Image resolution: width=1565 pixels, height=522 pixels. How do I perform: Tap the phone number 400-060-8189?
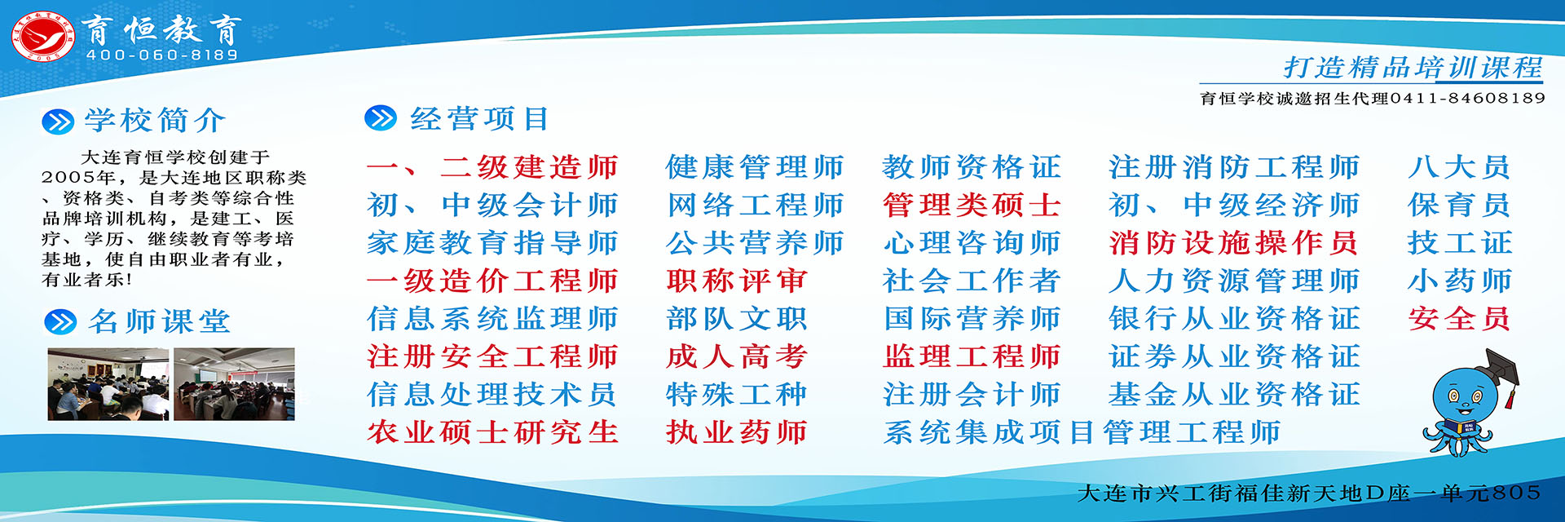tap(162, 55)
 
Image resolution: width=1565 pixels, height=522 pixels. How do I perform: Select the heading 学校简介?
tap(156, 120)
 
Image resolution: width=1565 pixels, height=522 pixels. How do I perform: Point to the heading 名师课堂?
tap(159, 321)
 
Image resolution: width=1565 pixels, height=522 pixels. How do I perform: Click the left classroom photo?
tap(108, 384)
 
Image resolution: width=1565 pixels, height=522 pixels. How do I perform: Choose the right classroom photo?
tap(234, 384)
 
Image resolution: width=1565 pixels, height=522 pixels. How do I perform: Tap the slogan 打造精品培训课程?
tap(1413, 67)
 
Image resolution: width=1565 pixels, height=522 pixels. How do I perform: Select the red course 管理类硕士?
tap(971, 205)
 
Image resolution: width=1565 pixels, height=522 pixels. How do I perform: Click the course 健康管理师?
tap(754, 167)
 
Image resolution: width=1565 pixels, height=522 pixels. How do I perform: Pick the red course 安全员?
tap(1459, 318)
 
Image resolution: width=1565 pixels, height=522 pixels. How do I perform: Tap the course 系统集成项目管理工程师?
tap(1082, 432)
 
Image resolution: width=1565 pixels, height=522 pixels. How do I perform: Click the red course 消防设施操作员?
tap(1233, 243)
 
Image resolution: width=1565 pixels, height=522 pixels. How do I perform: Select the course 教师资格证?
tap(971, 167)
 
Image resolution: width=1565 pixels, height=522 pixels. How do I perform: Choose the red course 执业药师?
tap(736, 432)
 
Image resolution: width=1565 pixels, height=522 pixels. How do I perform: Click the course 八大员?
tap(1459, 167)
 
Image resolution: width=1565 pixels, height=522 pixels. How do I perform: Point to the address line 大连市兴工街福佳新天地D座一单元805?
tap(1309, 493)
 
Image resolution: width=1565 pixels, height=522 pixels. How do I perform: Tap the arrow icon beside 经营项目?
tap(381, 118)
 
